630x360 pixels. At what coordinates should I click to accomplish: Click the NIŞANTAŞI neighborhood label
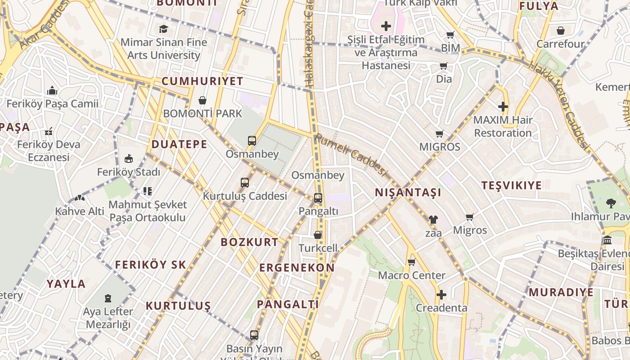pyautogui.click(x=408, y=193)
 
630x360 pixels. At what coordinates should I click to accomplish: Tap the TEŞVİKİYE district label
pyautogui.click(x=512, y=185)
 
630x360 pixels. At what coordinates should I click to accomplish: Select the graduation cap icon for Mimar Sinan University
pyautogui.click(x=163, y=29)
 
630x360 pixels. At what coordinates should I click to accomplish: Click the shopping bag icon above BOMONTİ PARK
pyautogui.click(x=202, y=100)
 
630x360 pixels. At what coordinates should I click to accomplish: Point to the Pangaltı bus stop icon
pyautogui.click(x=318, y=198)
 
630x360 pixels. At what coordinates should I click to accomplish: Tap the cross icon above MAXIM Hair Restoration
pyautogui.click(x=503, y=107)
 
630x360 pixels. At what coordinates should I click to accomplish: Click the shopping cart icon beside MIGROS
pyautogui.click(x=440, y=134)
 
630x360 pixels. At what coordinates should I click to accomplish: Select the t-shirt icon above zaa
pyautogui.click(x=433, y=220)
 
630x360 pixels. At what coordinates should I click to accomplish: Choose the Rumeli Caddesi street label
pyautogui.click(x=351, y=155)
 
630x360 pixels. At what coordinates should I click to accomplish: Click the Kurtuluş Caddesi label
pyautogui.click(x=245, y=196)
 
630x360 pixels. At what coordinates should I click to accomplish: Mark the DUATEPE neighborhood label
pyautogui.click(x=180, y=144)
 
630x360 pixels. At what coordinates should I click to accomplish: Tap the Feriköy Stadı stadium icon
pyautogui.click(x=129, y=159)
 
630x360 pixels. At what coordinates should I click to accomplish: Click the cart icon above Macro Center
pyautogui.click(x=411, y=262)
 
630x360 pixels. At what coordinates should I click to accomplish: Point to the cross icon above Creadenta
pyautogui.click(x=441, y=295)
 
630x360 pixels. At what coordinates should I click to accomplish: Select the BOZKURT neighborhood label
pyautogui.click(x=250, y=242)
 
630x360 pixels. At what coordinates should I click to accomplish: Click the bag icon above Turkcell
pyautogui.click(x=318, y=235)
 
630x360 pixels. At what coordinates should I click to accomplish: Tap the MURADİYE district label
pyautogui.click(x=561, y=292)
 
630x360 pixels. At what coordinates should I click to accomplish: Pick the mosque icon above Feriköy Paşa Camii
pyautogui.click(x=52, y=90)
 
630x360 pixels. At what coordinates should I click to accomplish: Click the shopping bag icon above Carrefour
pyautogui.click(x=560, y=31)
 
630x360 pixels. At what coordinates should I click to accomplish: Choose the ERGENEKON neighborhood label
pyautogui.click(x=297, y=268)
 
